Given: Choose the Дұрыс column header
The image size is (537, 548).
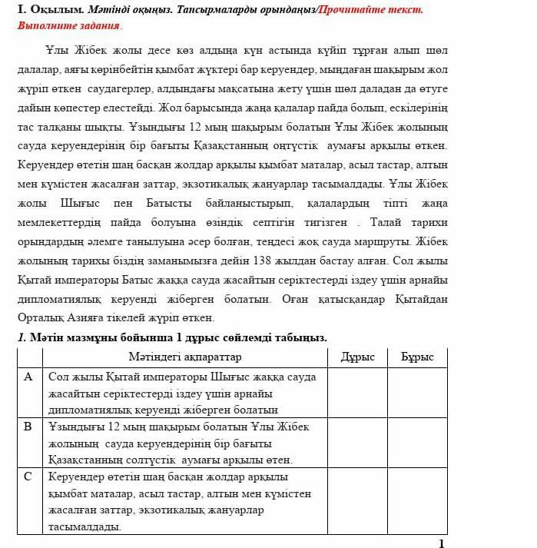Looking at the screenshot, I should point(357,357).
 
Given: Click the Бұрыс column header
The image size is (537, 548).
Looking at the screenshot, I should point(417,357).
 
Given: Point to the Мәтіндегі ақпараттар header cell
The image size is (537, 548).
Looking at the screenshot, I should point(184,357).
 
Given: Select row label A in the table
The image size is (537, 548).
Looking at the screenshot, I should point(28,377).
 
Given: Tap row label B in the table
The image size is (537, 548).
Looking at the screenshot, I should point(28,427).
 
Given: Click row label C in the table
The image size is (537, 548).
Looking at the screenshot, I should point(28,477).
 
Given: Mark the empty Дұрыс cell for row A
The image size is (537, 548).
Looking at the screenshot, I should point(357,393).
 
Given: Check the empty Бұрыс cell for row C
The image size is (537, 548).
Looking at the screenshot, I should point(417,500).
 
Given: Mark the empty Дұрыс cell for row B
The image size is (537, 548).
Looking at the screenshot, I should point(357,443).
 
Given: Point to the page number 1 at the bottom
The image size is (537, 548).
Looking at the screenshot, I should point(441,543).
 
